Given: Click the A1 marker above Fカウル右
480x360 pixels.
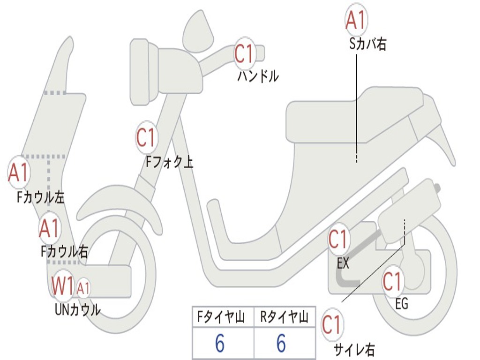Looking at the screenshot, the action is tap(49, 228).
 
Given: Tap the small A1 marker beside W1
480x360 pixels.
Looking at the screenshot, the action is tap(83, 288).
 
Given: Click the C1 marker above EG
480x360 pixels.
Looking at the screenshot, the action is tap(393, 281).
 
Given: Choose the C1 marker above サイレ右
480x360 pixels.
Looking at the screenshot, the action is tap(332, 325).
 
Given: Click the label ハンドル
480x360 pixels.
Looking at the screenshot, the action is tap(257, 76).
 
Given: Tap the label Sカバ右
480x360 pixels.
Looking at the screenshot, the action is tap(367, 45).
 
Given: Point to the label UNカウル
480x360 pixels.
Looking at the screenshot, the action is tap(77, 309).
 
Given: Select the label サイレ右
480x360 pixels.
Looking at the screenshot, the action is tap(354, 349).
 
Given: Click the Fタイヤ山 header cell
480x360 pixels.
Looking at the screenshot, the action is tap(222, 317).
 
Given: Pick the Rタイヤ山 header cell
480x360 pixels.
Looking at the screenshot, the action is tap(284, 317).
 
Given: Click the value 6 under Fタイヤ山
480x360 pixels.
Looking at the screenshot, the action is tap(219, 344).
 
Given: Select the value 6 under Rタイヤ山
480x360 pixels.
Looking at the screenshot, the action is tap(281, 344).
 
